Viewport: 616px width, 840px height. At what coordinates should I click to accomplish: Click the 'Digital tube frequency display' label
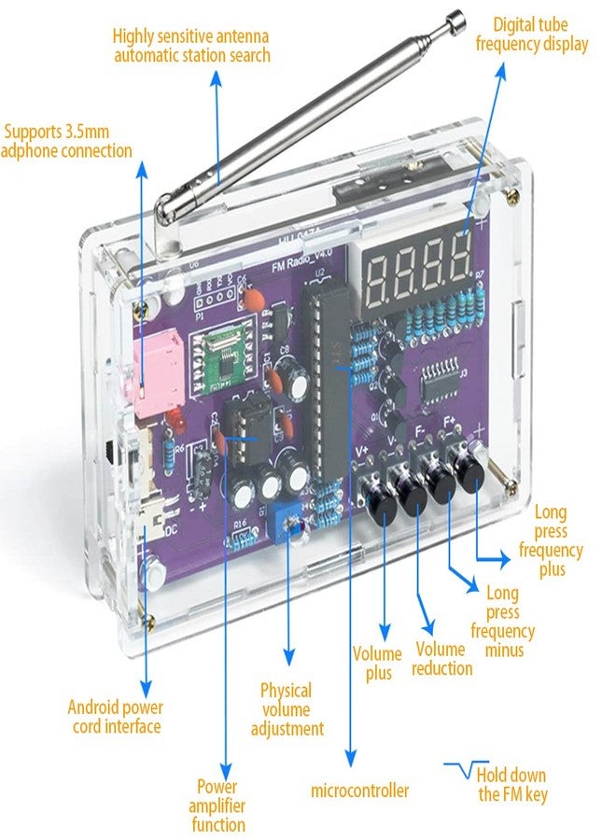click(x=532, y=34)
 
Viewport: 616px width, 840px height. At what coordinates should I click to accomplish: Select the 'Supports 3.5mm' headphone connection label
click(x=67, y=139)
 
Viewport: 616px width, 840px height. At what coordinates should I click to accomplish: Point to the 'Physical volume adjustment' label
click(x=287, y=709)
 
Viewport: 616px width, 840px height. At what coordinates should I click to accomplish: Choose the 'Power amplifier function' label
click(x=217, y=805)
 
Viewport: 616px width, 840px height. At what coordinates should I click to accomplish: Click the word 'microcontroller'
click(x=359, y=791)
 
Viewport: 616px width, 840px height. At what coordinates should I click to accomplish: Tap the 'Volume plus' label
click(x=377, y=663)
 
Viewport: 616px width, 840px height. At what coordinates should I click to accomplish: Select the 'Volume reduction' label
click(x=443, y=658)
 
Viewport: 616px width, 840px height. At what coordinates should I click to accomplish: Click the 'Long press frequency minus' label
click(x=502, y=622)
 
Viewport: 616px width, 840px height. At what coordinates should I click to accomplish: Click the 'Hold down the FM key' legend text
click(x=511, y=785)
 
